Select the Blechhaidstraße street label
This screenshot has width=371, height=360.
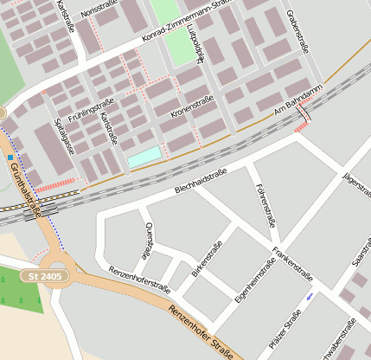click(x=201, y=179)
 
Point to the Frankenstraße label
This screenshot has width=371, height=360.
click(x=292, y=265)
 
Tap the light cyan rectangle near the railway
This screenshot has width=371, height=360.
click(x=144, y=157)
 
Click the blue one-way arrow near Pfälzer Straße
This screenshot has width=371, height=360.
click(x=310, y=299)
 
